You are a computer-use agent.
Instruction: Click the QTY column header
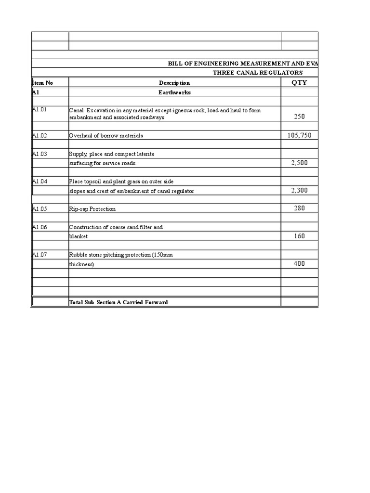pos(299,82)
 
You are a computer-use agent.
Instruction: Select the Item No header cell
pos(42,83)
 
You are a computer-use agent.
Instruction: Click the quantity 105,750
pos(299,135)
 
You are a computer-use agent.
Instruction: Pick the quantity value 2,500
pos(299,163)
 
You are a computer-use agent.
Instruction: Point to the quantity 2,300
pos(299,190)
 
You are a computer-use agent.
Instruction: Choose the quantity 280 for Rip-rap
pos(299,208)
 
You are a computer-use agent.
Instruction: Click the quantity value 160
pos(299,236)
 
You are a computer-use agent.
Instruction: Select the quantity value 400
pos(299,264)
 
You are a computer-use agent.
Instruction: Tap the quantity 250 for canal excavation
pos(299,117)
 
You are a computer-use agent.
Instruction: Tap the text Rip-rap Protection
pos(92,209)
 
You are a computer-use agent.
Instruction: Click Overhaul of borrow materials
pos(106,136)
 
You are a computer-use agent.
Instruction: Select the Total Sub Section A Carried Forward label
pos(119,302)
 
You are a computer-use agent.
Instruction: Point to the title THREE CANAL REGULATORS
pos(258,73)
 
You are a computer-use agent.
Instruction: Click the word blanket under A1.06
pos(79,237)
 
